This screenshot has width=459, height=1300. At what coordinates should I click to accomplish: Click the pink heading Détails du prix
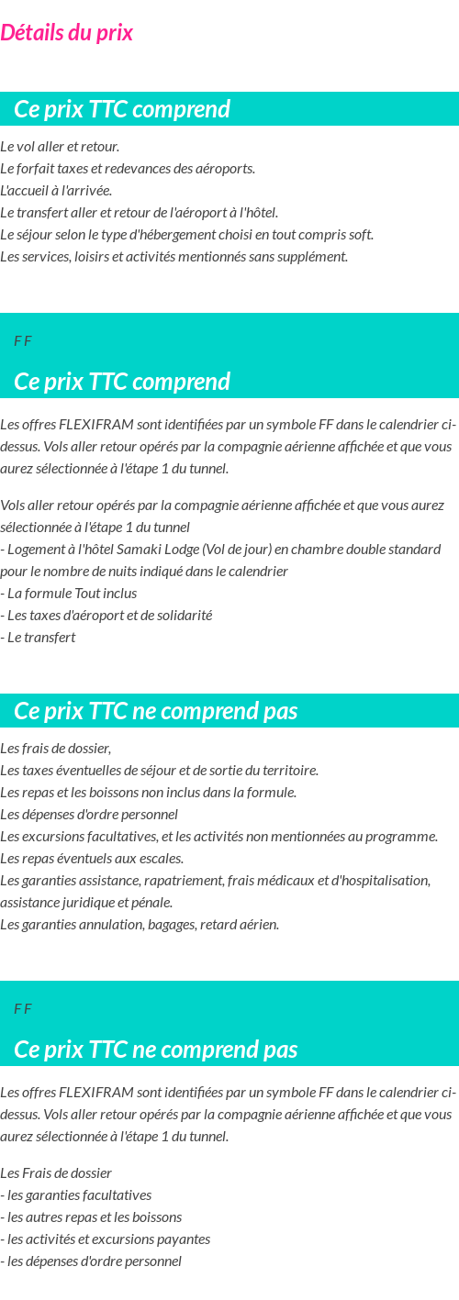click(x=67, y=33)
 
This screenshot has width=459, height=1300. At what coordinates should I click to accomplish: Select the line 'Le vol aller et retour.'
click(x=60, y=147)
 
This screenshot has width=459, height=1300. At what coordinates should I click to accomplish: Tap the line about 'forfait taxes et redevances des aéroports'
click(x=128, y=169)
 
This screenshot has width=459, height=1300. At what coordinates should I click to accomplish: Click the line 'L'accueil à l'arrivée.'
click(x=56, y=191)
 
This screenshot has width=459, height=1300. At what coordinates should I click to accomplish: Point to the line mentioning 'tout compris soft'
click(x=186, y=235)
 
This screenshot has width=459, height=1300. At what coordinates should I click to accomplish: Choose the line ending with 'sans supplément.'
click(x=174, y=257)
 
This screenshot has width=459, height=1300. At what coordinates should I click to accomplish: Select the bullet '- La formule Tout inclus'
click(x=69, y=594)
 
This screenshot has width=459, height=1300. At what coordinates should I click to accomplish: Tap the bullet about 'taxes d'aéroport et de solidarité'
click(x=106, y=616)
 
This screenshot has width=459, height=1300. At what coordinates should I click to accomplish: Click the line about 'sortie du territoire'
click(x=159, y=771)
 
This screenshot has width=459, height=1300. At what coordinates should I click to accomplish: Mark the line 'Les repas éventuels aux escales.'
click(x=92, y=859)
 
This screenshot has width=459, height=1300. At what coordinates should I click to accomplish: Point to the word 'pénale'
click(x=153, y=903)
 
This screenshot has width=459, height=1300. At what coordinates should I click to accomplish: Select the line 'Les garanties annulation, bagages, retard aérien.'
click(x=140, y=925)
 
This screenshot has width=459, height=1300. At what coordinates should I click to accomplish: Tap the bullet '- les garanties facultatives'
click(x=76, y=1195)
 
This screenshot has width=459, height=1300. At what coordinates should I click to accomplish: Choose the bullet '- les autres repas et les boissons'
click(x=91, y=1217)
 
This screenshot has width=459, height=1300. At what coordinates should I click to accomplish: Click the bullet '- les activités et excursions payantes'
click(x=106, y=1239)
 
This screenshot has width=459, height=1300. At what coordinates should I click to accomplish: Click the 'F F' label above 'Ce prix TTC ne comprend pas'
click(x=23, y=1009)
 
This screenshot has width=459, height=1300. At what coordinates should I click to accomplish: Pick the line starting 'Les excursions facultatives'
click(x=218, y=837)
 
